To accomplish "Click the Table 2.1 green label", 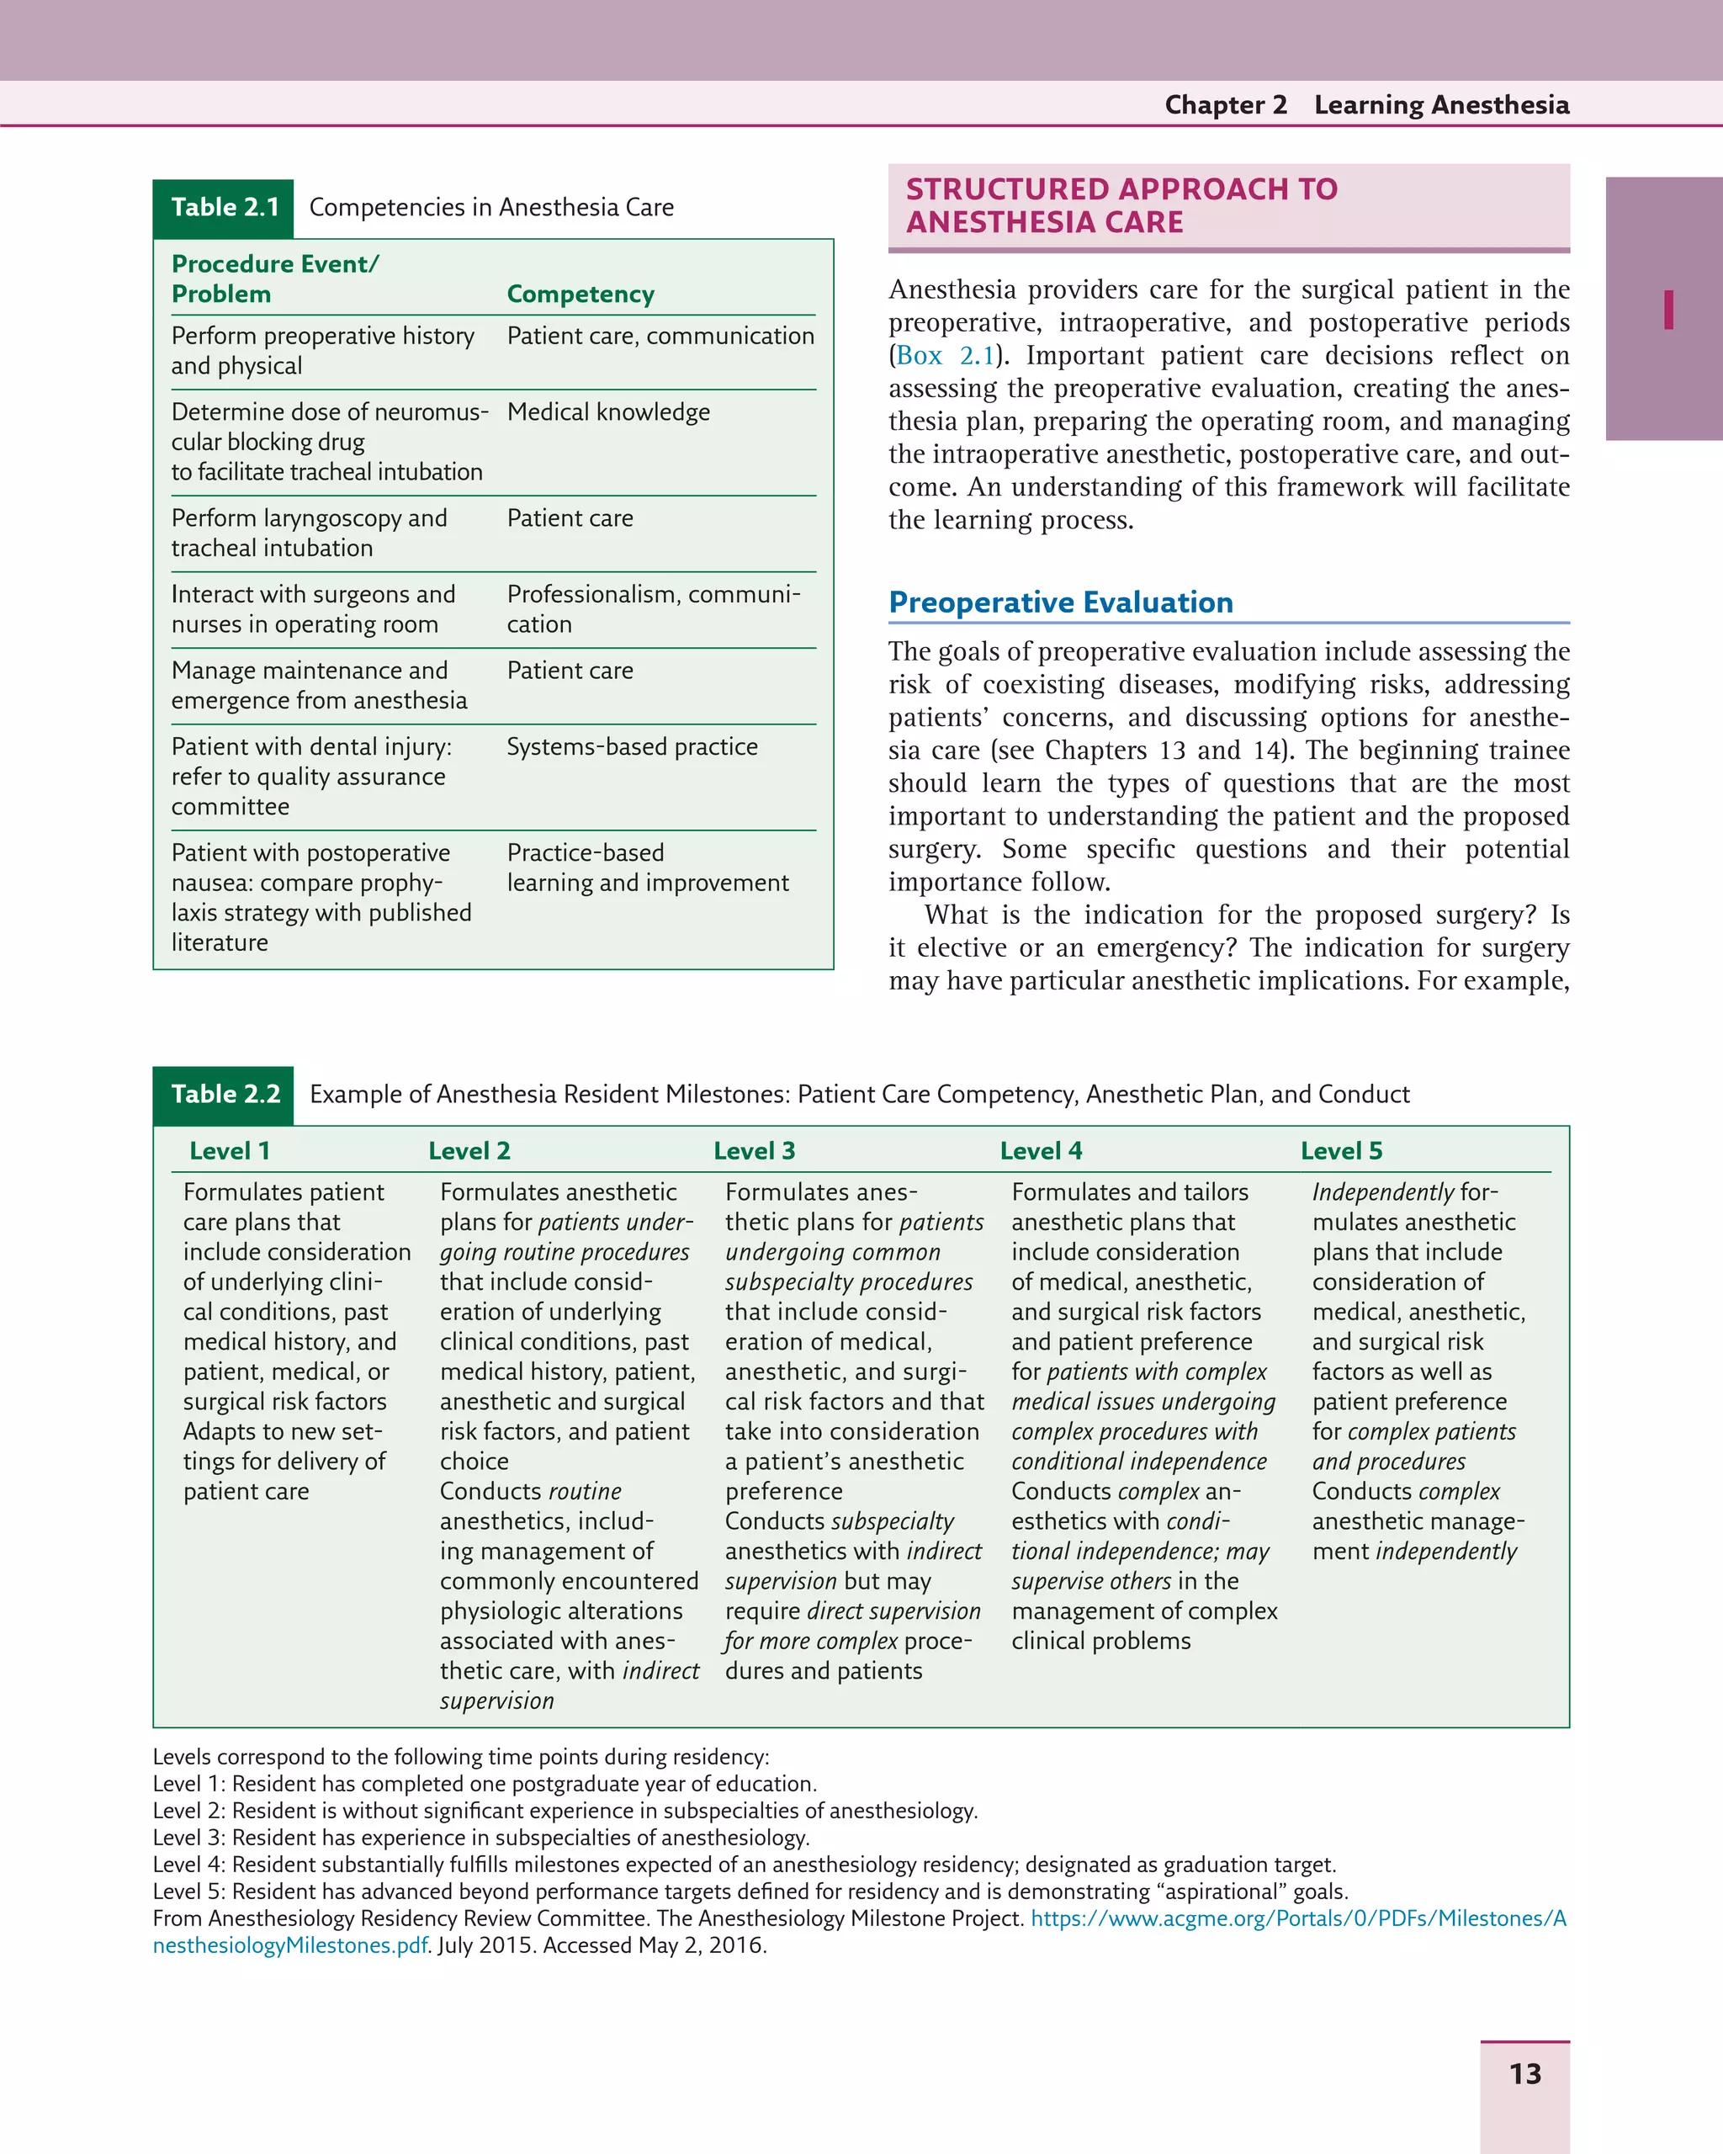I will click(224, 208).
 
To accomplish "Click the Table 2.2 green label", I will click(224, 1094).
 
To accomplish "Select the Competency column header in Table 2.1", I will click(581, 294).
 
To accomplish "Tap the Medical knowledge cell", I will click(608, 411).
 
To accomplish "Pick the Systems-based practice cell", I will click(631, 746).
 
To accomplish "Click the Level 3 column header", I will click(754, 1151).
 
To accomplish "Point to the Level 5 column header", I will click(1341, 1151).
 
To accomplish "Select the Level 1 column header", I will click(230, 1151).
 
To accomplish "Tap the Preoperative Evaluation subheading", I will click(1061, 602).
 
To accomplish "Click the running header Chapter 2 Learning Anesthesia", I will click(1366, 105).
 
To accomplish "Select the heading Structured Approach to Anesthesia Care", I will click(1121, 206).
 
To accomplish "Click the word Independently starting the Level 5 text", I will click(1382, 1192).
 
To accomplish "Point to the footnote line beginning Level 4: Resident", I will click(743, 1865).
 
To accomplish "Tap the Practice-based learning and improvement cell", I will click(647, 867).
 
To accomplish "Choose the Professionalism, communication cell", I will click(653, 608).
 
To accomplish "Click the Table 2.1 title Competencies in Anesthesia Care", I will click(491, 208).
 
